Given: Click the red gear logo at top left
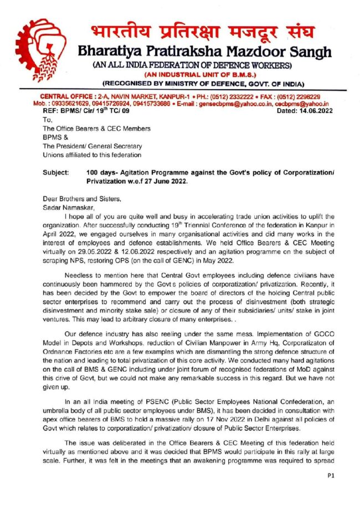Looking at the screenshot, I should click(42, 48).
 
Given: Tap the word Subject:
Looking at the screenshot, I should click(56, 173).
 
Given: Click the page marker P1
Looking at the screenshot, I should click(331, 475).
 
